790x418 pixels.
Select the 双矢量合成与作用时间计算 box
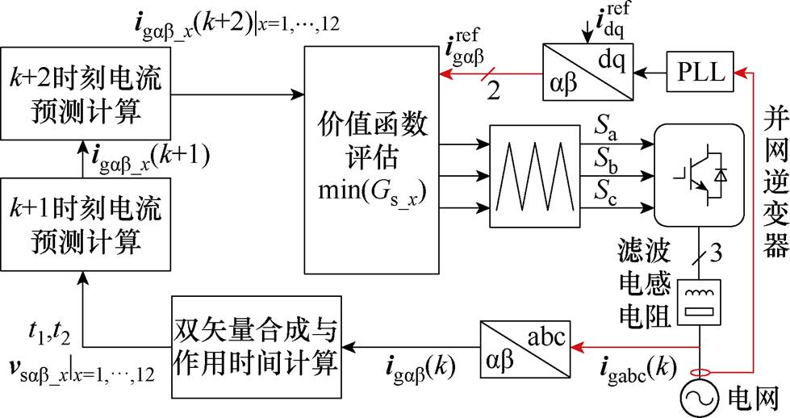click(x=254, y=346)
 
